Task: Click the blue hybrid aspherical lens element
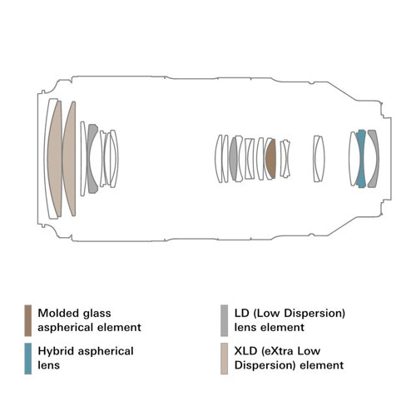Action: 361,159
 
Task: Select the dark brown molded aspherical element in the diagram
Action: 271,159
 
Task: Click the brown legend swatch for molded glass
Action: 28,320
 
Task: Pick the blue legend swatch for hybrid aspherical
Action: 28,359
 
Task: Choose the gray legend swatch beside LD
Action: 224,320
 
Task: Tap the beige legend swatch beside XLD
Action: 224,359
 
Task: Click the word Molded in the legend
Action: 54,314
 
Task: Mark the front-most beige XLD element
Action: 54,159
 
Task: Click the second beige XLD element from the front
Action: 70,159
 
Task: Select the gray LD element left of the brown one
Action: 234,159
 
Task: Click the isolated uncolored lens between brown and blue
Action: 319,159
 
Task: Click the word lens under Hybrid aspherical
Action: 49,365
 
